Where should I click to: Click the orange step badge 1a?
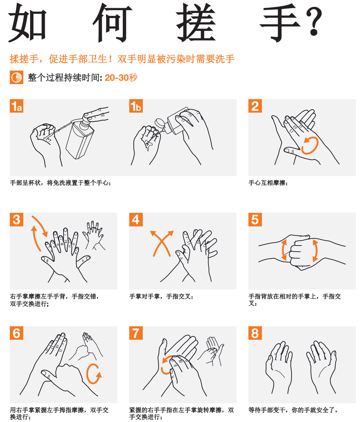(x=17, y=106)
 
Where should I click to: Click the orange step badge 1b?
(x=136, y=106)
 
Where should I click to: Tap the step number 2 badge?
(x=255, y=106)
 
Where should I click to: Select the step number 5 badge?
(x=255, y=220)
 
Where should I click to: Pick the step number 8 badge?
(x=255, y=333)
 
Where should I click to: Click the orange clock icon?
(x=16, y=78)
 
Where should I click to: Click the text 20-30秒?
(x=121, y=78)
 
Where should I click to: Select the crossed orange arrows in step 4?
(x=162, y=243)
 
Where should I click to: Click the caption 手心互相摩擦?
(x=268, y=183)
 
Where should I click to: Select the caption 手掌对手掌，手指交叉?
(x=162, y=297)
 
